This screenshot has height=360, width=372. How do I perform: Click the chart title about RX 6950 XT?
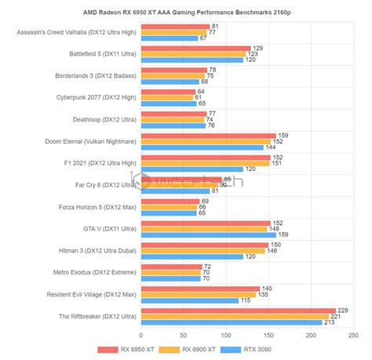(186, 12)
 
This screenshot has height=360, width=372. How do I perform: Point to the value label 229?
(343, 311)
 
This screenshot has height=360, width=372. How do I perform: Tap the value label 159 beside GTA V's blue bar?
(283, 234)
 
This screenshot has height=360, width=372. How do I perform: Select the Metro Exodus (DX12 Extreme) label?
(88, 272)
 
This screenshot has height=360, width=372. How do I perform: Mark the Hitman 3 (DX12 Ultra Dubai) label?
(87, 250)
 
